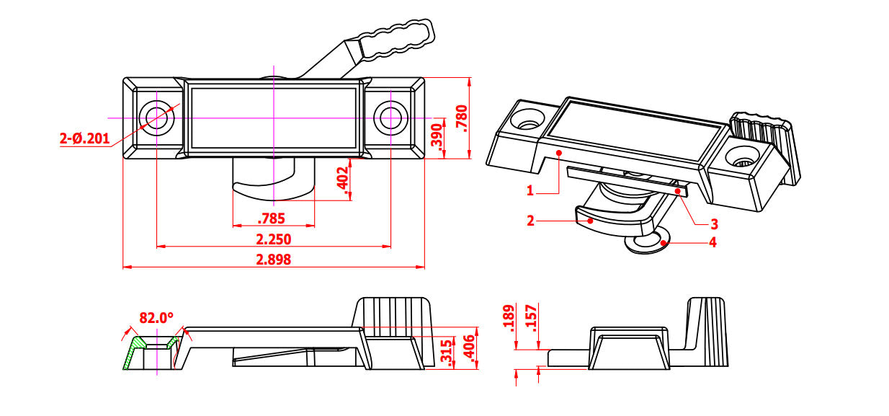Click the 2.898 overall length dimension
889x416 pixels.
[274, 260]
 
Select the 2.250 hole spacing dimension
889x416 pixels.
[274, 239]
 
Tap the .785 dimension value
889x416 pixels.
[271, 218]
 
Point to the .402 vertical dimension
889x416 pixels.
[343, 178]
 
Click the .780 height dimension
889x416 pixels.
[462, 117]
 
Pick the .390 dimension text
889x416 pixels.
[436, 136]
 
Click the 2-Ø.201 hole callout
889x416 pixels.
[85, 138]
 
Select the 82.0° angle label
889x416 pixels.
[156, 317]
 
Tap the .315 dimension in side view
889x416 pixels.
[447, 353]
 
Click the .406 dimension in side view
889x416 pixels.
[470, 348]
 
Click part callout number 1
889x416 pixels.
[530, 191]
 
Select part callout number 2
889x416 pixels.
[530, 221]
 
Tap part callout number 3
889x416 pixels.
[714, 224]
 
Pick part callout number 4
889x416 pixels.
[712, 242]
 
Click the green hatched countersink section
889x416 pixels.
[133, 354]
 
